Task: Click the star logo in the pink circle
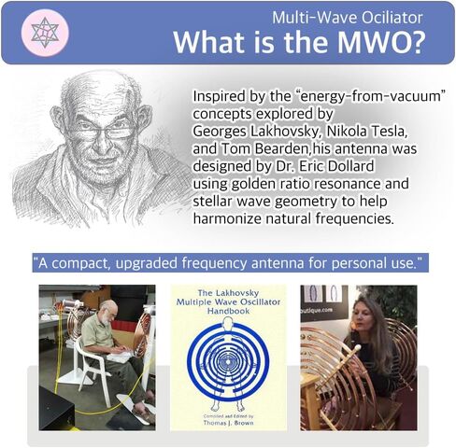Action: (45, 33)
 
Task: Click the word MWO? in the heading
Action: (380, 42)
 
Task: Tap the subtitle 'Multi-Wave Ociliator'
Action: (348, 18)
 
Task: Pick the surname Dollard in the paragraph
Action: (351, 166)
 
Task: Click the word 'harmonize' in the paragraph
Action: (227, 218)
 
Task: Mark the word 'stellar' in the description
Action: (212, 202)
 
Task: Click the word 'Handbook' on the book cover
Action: (228, 311)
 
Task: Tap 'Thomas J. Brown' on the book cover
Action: (228, 423)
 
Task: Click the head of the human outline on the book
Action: (228, 322)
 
